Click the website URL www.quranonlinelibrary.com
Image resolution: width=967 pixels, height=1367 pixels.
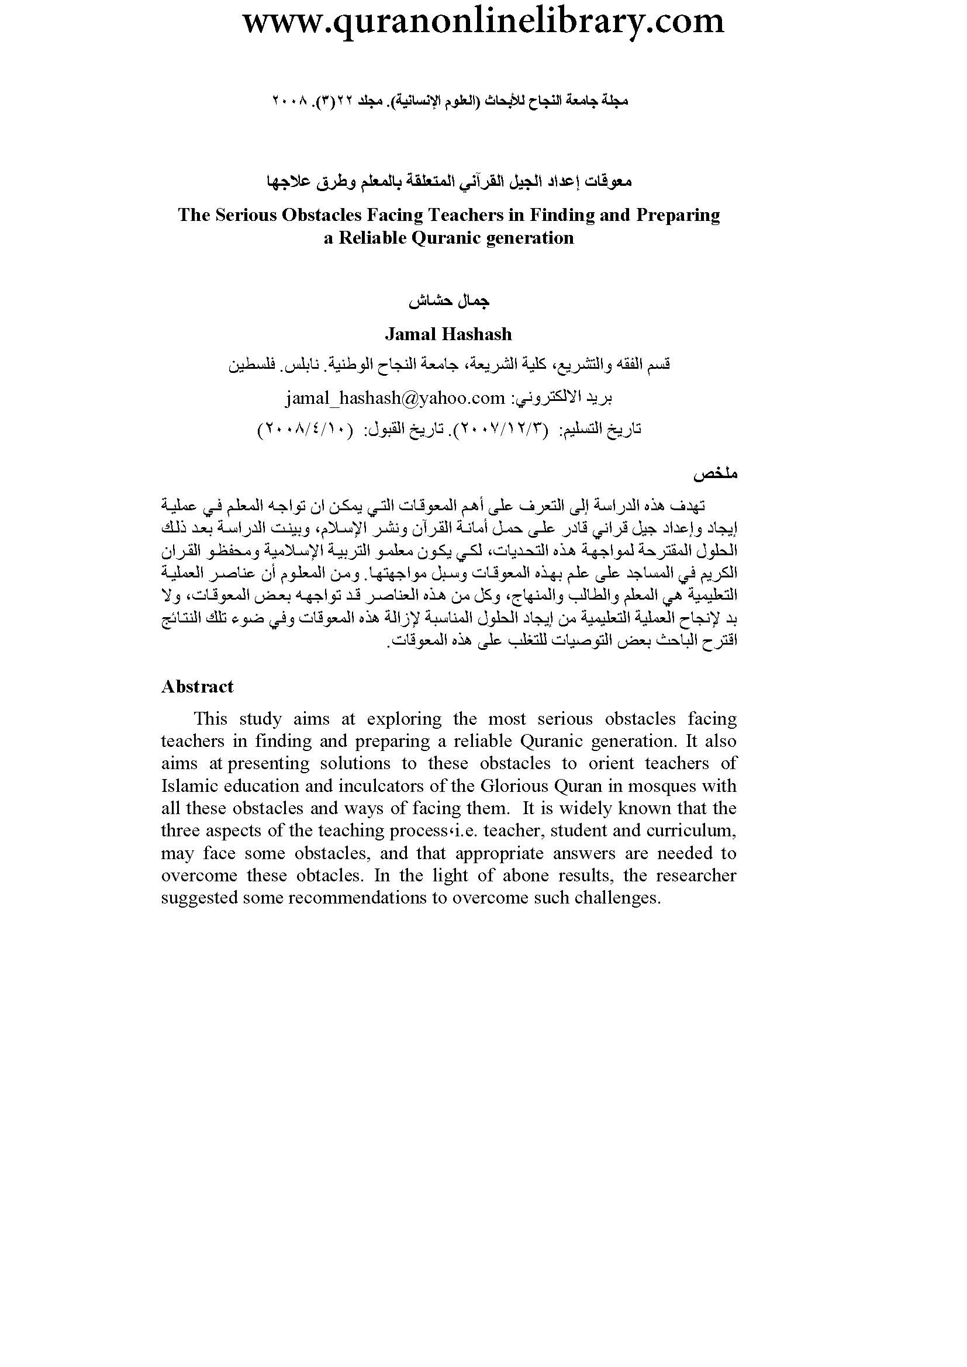[x=483, y=22]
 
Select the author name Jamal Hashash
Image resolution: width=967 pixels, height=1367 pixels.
[x=448, y=334]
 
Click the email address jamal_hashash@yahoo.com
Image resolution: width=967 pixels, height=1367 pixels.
[x=395, y=398]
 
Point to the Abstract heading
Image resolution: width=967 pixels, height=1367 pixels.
[x=197, y=687]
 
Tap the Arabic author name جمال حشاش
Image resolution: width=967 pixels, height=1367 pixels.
[x=448, y=301]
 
